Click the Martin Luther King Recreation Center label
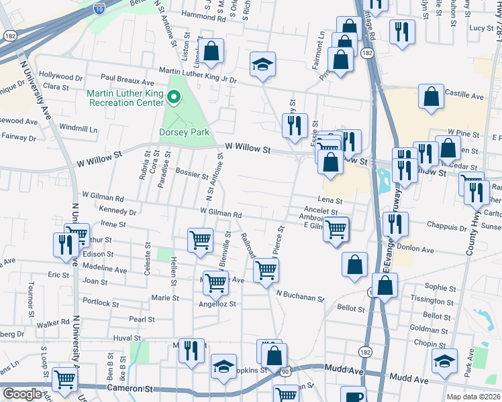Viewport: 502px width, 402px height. (x=125, y=98)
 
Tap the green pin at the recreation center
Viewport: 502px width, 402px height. (x=174, y=98)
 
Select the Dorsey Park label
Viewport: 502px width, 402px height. (x=185, y=133)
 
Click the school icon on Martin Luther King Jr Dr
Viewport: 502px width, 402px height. (x=263, y=65)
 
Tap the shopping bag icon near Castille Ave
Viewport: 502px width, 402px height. (x=431, y=96)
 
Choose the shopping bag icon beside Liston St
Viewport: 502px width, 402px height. (x=211, y=52)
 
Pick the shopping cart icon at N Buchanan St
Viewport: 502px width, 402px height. (x=266, y=271)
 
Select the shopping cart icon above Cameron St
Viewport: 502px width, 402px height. (x=64, y=379)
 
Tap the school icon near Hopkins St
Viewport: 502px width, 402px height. (x=223, y=367)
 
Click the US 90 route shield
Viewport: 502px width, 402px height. (x=285, y=371)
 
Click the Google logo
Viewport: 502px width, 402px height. (x=22, y=394)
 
